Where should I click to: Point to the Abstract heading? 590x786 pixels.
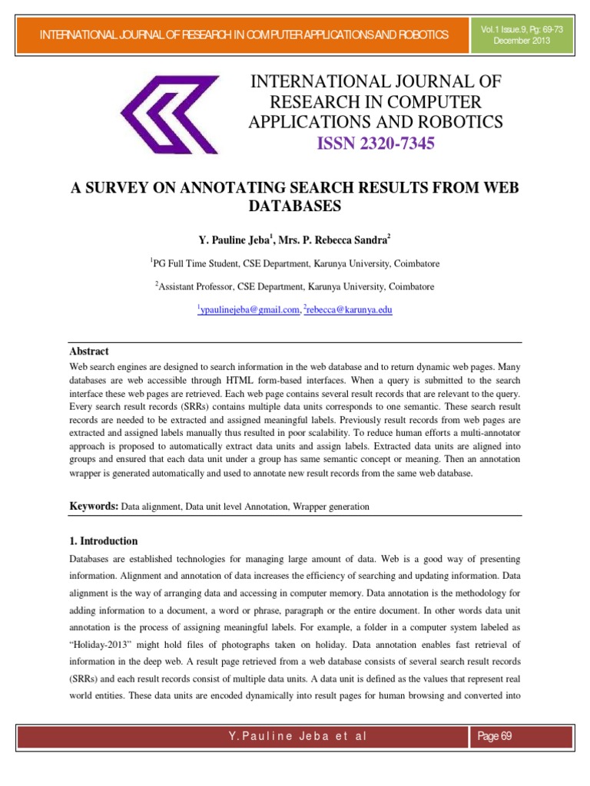(x=89, y=351)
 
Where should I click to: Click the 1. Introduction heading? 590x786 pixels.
(x=104, y=540)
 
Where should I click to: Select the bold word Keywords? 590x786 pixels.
(x=94, y=507)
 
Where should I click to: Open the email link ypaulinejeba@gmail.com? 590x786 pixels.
(x=250, y=309)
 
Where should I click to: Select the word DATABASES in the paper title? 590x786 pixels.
(x=295, y=206)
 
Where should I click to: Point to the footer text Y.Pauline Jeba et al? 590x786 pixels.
(x=297, y=736)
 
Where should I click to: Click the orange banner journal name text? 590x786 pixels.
(x=244, y=35)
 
